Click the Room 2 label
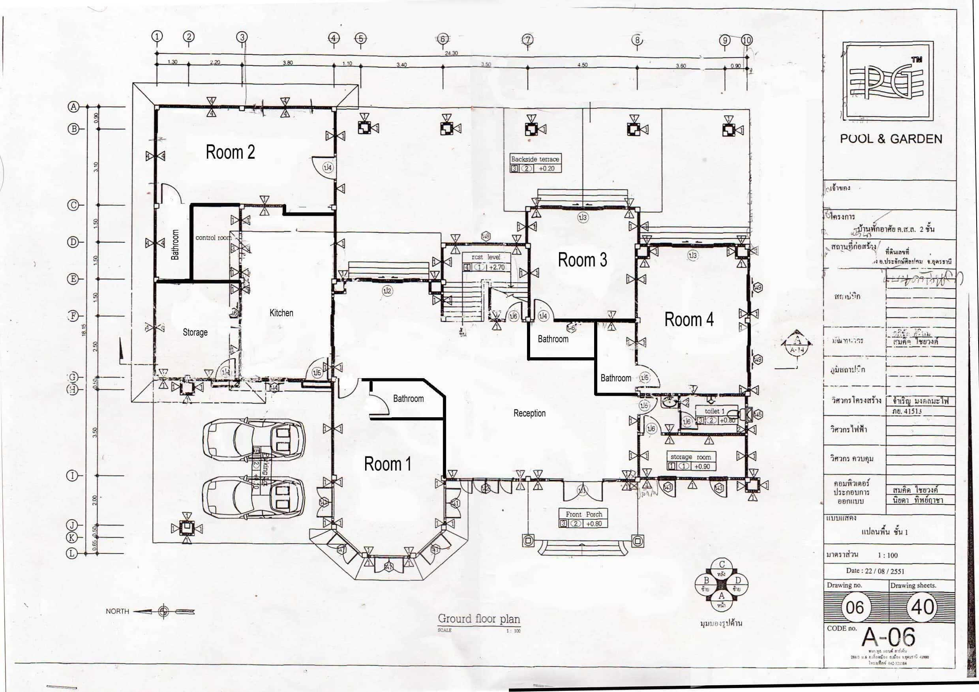click(230, 152)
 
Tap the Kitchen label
click(281, 313)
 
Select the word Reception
click(529, 413)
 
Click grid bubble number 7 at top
click(527, 39)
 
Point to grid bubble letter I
click(73, 475)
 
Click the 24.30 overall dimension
click(451, 53)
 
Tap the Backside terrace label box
click(535, 163)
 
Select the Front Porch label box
click(584, 519)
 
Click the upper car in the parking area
click(254, 440)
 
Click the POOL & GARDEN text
click(891, 139)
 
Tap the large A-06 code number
click(888, 638)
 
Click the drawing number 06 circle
click(855, 607)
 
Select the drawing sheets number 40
click(922, 607)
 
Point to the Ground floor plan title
click(479, 619)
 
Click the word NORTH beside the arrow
click(117, 611)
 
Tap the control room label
click(213, 238)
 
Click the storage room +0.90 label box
click(690, 461)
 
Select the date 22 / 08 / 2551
click(874, 571)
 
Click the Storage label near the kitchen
click(195, 332)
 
